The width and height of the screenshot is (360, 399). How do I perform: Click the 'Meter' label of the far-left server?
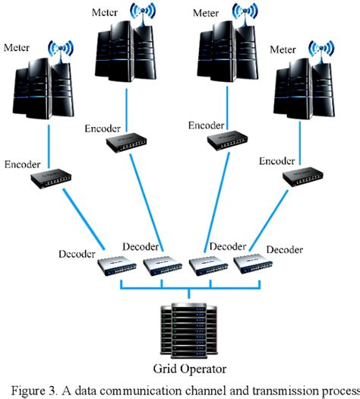point(17,48)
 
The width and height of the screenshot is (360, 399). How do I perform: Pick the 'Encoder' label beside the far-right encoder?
point(277,160)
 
